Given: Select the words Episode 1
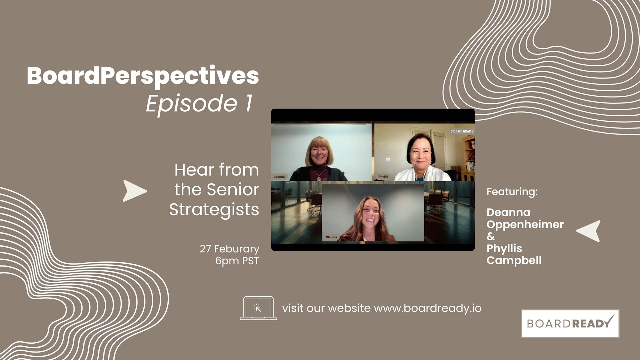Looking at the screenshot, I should (199, 104).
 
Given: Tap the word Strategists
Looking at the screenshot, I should (214, 210).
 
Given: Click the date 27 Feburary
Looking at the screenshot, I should (229, 249).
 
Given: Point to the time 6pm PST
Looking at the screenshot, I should (237, 261).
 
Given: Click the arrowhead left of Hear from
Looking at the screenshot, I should (134, 191).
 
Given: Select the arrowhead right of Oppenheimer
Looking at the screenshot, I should (589, 231).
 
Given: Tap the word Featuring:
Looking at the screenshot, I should (512, 192).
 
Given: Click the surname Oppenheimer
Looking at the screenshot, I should (525, 225).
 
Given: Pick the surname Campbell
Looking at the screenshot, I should (514, 260).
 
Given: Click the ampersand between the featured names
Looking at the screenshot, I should (491, 237).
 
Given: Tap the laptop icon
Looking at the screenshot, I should (258, 308).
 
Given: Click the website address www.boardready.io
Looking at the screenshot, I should (427, 308).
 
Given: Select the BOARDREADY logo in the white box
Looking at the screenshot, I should (570, 323).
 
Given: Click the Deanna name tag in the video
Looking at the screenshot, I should (279, 177).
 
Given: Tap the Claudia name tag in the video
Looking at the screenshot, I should (331, 237).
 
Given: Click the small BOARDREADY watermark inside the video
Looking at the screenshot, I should (461, 132).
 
